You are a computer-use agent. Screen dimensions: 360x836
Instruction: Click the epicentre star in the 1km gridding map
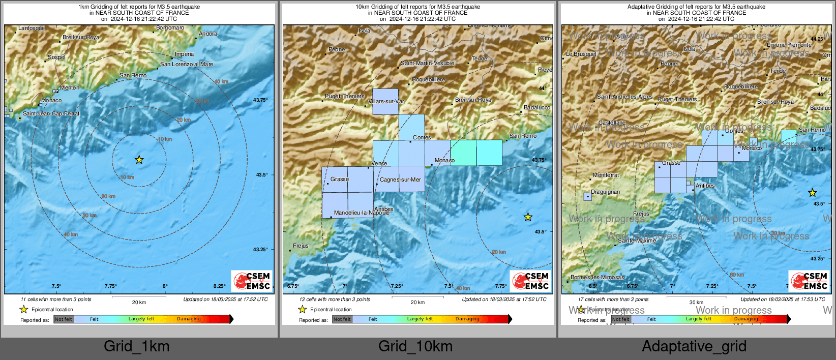click(x=139, y=160)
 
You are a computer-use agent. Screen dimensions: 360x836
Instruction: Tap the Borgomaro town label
click(x=170, y=28)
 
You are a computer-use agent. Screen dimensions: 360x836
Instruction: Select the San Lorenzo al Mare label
click(x=187, y=65)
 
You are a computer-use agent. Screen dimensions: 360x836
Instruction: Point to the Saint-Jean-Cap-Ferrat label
click(x=51, y=114)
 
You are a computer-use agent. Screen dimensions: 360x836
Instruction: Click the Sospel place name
click(x=56, y=57)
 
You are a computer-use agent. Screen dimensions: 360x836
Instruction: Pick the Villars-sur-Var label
click(x=386, y=102)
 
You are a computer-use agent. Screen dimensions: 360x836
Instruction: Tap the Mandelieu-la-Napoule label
click(x=362, y=213)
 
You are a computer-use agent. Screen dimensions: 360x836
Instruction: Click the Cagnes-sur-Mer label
click(x=400, y=180)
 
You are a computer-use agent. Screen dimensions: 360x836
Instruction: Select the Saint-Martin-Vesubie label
click(x=427, y=64)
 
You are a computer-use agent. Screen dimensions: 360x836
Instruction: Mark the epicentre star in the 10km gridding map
click(x=528, y=217)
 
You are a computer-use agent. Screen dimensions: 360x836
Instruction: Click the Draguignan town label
click(x=605, y=192)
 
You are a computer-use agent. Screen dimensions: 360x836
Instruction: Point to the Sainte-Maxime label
click(x=637, y=241)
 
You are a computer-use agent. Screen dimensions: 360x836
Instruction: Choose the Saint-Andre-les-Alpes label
click(x=624, y=97)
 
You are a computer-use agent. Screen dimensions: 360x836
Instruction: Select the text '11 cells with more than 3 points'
click(x=56, y=299)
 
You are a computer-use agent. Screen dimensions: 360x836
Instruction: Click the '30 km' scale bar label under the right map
click(x=696, y=303)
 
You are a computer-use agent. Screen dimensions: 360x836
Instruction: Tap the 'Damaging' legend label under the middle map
click(x=467, y=319)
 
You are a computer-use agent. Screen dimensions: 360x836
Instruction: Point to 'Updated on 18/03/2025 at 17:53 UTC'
click(x=783, y=299)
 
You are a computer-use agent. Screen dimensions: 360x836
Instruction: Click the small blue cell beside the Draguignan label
click(x=587, y=196)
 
